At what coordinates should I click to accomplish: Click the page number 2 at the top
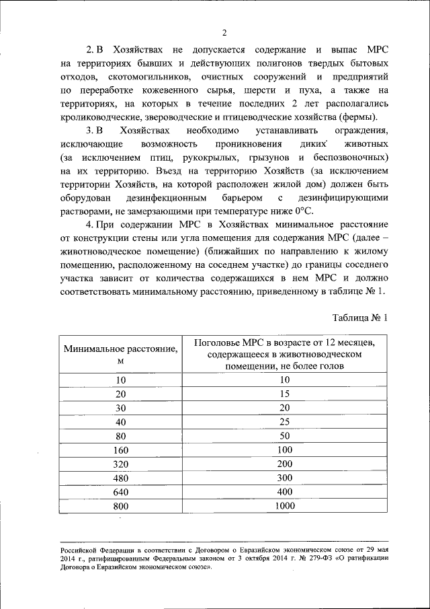pyautogui.click(x=225, y=33)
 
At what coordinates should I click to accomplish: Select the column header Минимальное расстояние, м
pyautogui.click(x=121, y=355)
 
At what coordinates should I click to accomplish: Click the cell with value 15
pyautogui.click(x=285, y=394)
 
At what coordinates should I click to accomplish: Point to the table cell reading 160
pyautogui.click(x=121, y=450)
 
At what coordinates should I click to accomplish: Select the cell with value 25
pyautogui.click(x=285, y=422)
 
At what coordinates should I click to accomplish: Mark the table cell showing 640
pyautogui.click(x=121, y=491)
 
